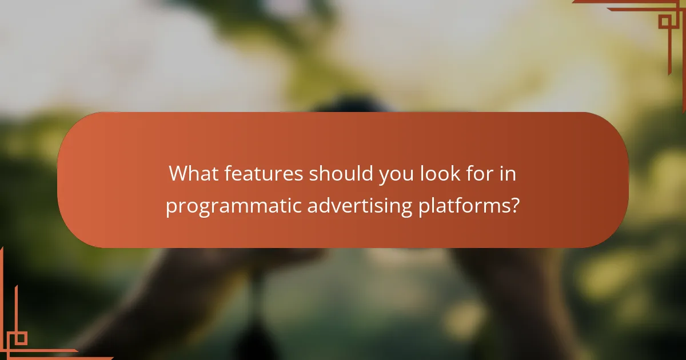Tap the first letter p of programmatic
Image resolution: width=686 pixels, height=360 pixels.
pos(170,208)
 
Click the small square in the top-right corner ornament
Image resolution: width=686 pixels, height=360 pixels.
pos(664,22)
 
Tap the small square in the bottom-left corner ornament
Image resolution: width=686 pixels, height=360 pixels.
pos(20,338)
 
